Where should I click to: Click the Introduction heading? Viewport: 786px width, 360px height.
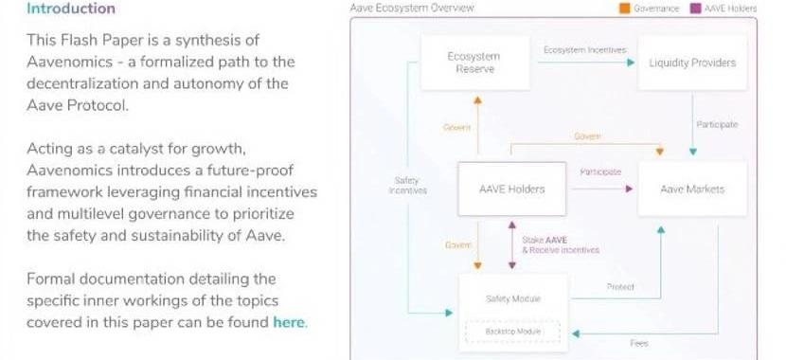[x=71, y=9]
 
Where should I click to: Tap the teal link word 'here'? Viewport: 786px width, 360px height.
[x=288, y=322]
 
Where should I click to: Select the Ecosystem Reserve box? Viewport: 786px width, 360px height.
[x=474, y=63]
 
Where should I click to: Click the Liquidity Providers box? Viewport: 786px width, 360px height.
[x=692, y=63]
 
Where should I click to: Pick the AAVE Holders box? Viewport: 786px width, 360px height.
[x=511, y=189]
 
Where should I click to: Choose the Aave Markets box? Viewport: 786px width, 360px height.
[x=692, y=189]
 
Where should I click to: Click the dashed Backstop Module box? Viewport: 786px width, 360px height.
[x=513, y=332]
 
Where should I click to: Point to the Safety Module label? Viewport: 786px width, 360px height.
[x=513, y=298]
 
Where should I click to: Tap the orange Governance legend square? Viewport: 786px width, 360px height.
[x=625, y=9]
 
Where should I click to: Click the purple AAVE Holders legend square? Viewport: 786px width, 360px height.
[x=696, y=9]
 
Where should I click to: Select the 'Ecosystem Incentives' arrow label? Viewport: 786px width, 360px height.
[x=585, y=50]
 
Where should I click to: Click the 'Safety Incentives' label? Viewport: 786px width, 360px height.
[x=407, y=186]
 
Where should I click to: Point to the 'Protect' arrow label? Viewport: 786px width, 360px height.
[x=620, y=287]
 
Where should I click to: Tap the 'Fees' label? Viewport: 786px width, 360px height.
[x=639, y=344]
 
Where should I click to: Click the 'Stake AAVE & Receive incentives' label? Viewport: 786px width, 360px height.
[x=561, y=244]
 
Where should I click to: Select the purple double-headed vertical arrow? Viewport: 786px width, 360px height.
[x=511, y=244]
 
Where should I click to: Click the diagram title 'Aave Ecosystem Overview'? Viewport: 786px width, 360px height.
[x=412, y=8]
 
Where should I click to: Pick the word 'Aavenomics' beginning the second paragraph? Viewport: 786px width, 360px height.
[x=70, y=170]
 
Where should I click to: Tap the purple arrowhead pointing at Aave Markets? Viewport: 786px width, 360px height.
[x=629, y=189]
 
